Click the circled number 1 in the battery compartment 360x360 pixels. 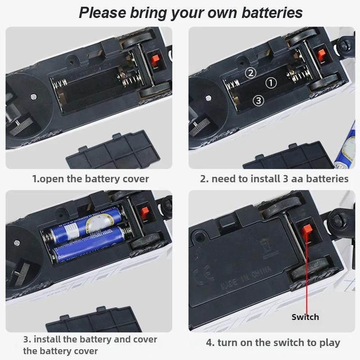271,83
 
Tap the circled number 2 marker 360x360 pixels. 251,73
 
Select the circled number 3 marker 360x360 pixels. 258,100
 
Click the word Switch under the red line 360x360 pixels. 305,317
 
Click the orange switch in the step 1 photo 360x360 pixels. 155,61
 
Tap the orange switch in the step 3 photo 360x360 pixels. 145,213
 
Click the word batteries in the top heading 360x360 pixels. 272,13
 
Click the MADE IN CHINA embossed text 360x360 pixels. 246,279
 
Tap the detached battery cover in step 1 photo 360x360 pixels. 113,150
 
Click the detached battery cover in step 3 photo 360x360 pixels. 94,320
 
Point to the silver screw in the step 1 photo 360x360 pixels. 33,96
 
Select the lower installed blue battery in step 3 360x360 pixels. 88,245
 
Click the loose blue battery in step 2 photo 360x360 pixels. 346,147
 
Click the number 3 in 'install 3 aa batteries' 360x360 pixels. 286,179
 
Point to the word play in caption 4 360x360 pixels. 330,343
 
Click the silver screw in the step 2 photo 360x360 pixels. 208,98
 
